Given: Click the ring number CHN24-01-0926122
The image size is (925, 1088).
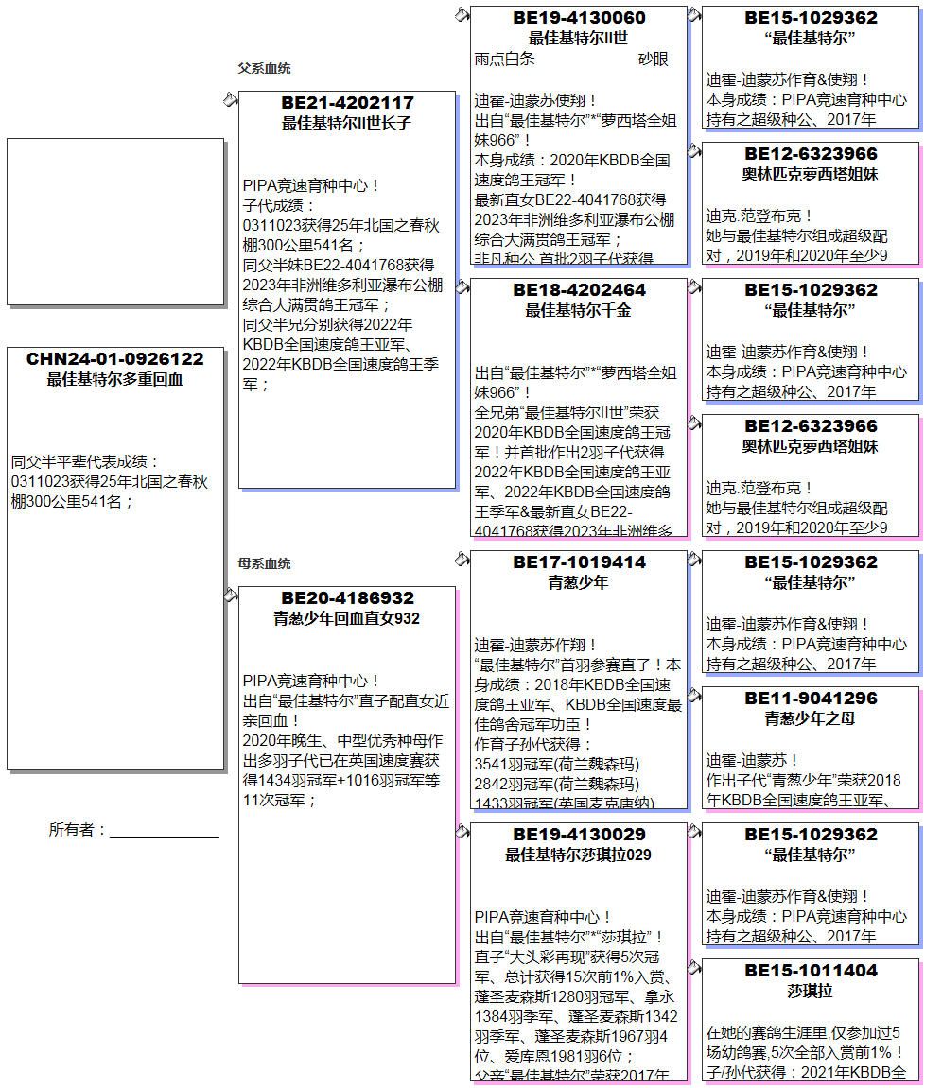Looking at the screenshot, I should [114, 359].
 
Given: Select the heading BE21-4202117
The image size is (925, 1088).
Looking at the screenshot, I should [347, 102].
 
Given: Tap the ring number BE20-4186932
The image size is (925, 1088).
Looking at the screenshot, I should [347, 598].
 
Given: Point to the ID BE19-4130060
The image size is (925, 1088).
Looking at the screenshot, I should [579, 18].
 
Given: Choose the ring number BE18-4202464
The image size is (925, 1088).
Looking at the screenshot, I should [579, 290].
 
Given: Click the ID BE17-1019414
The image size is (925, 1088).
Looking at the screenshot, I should [579, 562].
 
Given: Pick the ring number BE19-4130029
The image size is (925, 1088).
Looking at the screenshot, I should [579, 835].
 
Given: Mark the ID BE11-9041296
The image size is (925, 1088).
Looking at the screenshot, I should [811, 699].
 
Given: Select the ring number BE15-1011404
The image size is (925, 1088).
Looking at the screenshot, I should [811, 971].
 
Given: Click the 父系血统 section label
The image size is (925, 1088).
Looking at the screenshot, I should [264, 69].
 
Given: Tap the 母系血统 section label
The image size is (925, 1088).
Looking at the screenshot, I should [264, 564].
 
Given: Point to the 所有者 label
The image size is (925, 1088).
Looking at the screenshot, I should [77, 830].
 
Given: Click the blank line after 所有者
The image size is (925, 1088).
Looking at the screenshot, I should [165, 832].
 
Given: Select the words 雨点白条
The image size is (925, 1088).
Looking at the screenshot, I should [504, 59].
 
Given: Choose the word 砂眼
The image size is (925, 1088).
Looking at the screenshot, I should [653, 59].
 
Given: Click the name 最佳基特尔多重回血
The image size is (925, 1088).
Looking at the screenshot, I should [114, 380].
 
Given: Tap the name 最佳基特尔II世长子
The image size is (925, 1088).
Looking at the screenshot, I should [347, 123].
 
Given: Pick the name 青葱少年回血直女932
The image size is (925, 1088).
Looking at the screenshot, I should [347, 619].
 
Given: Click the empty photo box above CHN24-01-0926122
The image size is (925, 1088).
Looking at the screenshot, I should [114, 221].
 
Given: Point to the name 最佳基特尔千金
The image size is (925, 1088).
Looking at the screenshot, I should [579, 310].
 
